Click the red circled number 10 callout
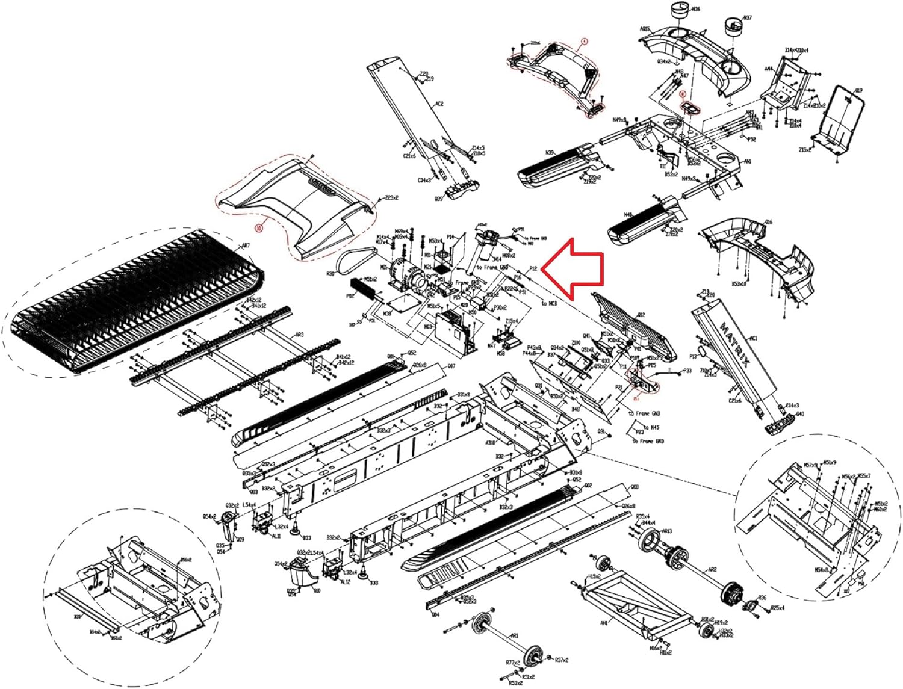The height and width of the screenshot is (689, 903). click(x=259, y=229)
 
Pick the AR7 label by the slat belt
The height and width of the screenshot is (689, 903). click(x=245, y=246)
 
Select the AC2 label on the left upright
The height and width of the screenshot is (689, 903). click(x=439, y=104)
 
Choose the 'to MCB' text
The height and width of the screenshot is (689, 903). click(x=549, y=304)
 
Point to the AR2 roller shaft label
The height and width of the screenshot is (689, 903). click(x=712, y=569)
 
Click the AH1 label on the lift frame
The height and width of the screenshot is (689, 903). click(x=604, y=623)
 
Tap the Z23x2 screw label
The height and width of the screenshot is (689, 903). click(x=392, y=197)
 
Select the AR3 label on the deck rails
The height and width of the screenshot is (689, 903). click(x=299, y=335)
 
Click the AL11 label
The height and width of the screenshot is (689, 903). click(x=276, y=536)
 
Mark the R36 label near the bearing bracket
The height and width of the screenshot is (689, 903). click(x=762, y=598)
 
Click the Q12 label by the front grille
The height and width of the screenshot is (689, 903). click(x=641, y=315)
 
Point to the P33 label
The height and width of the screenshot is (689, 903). click(x=687, y=372)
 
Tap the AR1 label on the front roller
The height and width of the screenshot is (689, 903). click(x=514, y=635)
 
